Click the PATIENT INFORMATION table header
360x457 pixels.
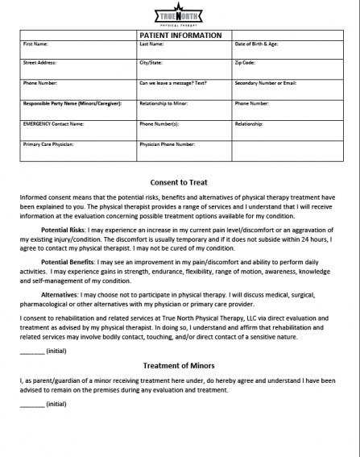pos(180,35)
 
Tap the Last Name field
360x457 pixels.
pos(184,48)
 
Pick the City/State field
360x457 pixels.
pos(184,69)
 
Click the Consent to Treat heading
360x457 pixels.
pos(180,182)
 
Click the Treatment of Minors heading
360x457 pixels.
pos(180,365)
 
